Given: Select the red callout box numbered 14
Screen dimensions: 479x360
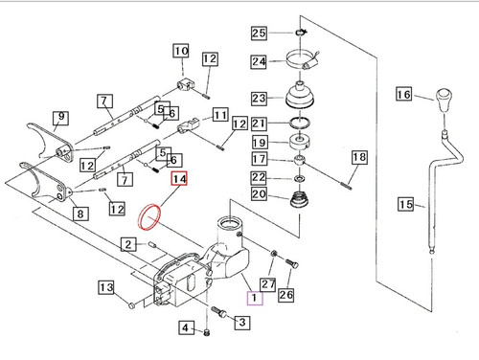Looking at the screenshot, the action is click(179, 179).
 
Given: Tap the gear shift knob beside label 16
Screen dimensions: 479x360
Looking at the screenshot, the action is click(444, 100).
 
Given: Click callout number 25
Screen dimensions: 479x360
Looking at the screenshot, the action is click(259, 33).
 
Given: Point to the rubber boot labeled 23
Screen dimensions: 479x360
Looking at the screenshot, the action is click(300, 95).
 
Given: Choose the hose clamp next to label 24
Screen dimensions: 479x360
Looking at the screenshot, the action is click(303, 60).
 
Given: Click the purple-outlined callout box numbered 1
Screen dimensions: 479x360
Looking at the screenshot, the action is click(255, 298).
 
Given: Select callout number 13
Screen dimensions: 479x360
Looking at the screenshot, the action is click(106, 287).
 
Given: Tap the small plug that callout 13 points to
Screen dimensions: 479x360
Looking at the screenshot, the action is click(131, 305).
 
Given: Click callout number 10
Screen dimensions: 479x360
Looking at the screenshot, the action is click(181, 51).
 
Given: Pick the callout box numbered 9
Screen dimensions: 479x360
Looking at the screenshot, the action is click(60, 118).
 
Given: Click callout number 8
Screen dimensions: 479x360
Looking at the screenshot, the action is click(80, 214).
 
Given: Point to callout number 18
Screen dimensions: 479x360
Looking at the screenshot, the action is click(359, 157).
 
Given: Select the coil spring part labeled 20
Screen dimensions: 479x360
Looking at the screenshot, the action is click(299, 199).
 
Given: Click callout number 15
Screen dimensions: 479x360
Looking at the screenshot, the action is click(406, 204).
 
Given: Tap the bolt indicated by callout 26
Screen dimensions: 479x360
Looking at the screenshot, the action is click(291, 263).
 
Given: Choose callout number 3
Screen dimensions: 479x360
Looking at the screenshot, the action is click(242, 322).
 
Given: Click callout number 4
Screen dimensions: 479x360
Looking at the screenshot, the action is click(186, 327).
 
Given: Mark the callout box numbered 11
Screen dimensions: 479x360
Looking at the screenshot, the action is click(220, 115).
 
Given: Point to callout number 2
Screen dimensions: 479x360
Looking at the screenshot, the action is click(128, 244).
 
